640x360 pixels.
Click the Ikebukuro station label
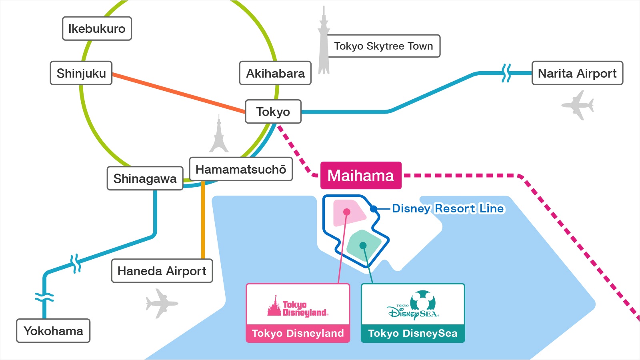(97, 29)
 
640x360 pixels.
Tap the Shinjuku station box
(81, 73)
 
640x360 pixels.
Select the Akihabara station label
(275, 73)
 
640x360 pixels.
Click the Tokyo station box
(273, 112)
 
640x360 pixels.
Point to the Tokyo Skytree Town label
(383, 46)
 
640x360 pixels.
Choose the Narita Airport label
(577, 73)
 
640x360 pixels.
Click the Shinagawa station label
(145, 178)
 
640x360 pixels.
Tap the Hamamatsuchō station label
(241, 169)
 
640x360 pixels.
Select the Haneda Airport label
(162, 271)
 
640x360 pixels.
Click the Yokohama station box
(53, 331)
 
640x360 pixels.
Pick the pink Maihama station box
(360, 176)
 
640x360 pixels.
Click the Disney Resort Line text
(448, 208)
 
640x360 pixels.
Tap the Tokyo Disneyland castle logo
(298, 307)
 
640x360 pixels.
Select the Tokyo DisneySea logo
(413, 306)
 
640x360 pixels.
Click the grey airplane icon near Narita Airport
(578, 105)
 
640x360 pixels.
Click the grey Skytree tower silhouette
(324, 44)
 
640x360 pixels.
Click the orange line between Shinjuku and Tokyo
(178, 93)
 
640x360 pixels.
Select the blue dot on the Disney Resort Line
(373, 209)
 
